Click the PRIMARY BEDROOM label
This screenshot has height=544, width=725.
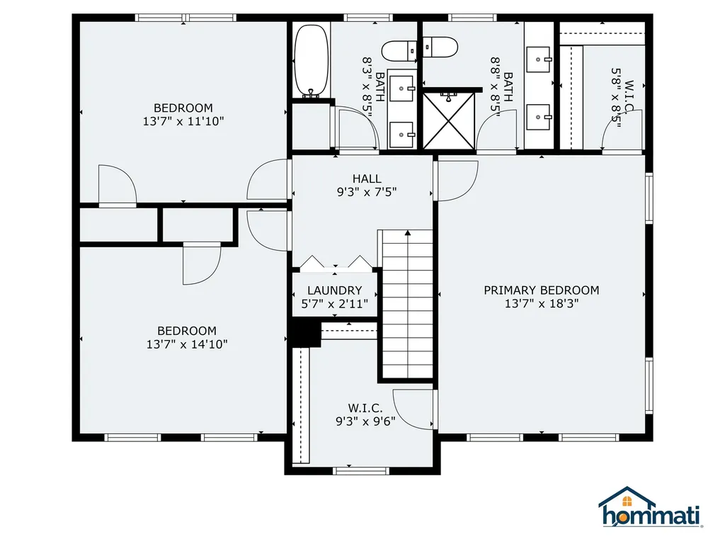541,290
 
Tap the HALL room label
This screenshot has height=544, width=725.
367,178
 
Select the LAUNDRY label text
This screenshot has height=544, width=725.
334,290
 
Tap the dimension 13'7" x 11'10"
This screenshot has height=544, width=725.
183,121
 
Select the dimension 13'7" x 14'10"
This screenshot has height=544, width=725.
186,344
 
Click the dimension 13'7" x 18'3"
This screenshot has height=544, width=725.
541,303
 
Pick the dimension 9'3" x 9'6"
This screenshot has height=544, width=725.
365,421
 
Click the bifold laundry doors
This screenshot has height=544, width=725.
336,263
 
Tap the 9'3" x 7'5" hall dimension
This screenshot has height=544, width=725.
367,191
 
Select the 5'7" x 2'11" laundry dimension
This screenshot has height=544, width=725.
334,304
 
